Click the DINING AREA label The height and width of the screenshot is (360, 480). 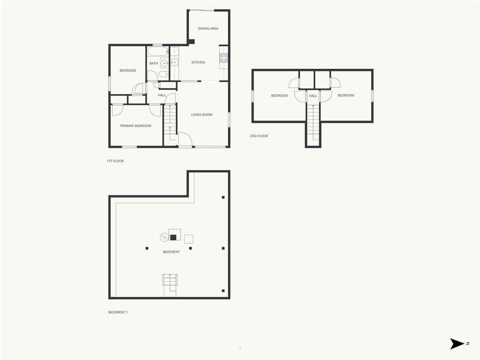[208, 29]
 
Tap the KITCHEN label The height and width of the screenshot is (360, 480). [198, 63]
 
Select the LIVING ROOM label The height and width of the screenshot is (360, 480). [202, 115]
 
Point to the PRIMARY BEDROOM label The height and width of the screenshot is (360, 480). [135, 126]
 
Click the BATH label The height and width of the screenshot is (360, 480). [153, 63]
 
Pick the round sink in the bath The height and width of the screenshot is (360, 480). [165, 63]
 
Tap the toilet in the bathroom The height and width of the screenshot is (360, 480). [163, 74]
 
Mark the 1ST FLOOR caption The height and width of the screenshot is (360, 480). [115, 161]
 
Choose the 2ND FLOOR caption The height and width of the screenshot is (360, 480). [259, 136]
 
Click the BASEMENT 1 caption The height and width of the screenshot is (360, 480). [118, 312]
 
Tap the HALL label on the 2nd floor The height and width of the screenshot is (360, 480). [313, 96]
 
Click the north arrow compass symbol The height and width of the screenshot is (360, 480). [458, 344]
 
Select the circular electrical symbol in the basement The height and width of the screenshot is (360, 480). [164, 237]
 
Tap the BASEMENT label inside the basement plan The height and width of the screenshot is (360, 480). [171, 252]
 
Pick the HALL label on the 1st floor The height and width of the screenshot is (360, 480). [162, 95]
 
